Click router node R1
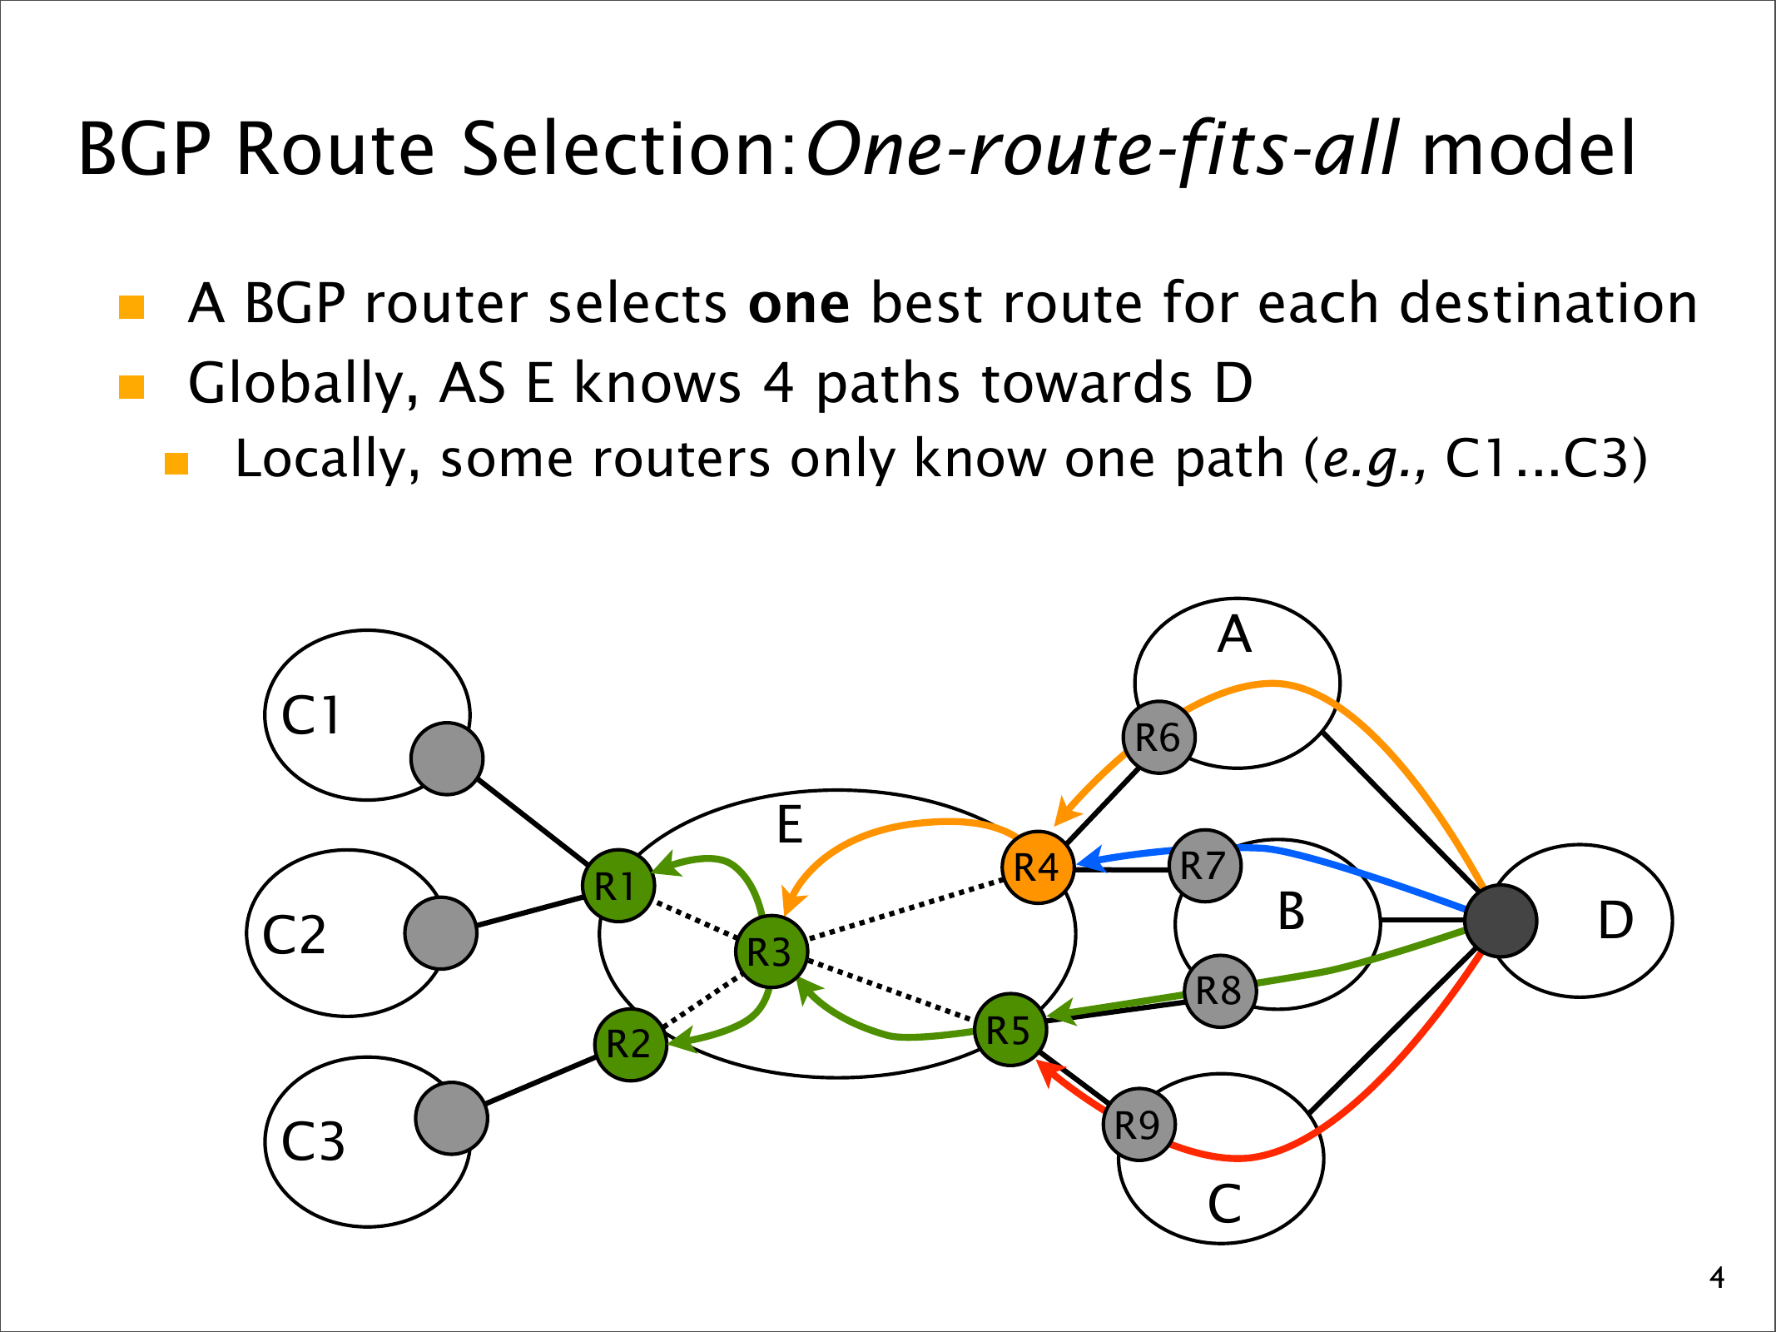point(618,886)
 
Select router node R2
point(631,1044)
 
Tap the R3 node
point(771,952)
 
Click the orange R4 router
point(1038,867)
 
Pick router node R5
point(1010,1031)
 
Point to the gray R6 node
point(1158,738)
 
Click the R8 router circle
point(1220,991)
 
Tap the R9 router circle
point(1139,1125)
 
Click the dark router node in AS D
point(1501,921)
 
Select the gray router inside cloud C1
point(447,758)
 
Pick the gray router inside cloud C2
point(440,932)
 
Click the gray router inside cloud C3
point(451,1118)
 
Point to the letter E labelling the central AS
point(789,826)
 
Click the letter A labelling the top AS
point(1234,635)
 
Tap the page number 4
point(1716,1278)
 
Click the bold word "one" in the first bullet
point(799,304)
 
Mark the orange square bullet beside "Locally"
point(176,463)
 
